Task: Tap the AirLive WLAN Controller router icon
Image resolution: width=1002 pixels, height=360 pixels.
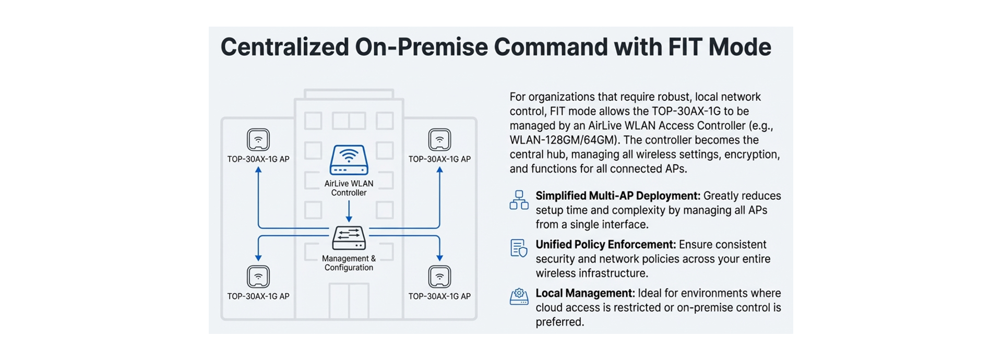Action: click(349, 160)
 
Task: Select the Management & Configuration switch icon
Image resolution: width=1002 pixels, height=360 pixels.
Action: click(349, 238)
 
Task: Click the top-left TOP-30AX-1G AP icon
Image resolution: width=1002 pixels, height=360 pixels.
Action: click(258, 140)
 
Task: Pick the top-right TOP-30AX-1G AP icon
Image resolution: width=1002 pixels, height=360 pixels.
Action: click(439, 140)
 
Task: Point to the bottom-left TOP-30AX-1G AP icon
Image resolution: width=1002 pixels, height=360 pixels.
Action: click(258, 277)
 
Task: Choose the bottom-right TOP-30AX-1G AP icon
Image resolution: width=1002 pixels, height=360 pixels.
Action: click(439, 277)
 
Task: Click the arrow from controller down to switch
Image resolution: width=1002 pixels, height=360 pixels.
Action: click(349, 211)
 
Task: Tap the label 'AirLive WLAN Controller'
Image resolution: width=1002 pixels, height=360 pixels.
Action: click(349, 188)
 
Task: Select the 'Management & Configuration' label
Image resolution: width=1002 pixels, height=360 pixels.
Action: click(349, 263)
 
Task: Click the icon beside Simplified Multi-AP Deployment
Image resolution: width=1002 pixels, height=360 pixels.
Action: click(519, 200)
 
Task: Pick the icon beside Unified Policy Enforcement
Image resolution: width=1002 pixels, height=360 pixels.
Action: click(519, 248)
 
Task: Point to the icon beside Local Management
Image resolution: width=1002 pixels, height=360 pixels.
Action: click(519, 296)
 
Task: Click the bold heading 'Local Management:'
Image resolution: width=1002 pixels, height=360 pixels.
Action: click(585, 293)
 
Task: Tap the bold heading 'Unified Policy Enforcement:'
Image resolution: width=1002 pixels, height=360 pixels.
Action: click(605, 245)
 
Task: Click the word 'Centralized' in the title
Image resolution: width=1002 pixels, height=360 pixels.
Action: click(284, 47)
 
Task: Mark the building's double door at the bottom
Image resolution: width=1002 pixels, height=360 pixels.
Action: click(349, 301)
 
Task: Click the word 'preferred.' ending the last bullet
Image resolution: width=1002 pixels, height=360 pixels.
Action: click(559, 322)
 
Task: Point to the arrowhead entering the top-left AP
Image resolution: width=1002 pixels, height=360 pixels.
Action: click(258, 171)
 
